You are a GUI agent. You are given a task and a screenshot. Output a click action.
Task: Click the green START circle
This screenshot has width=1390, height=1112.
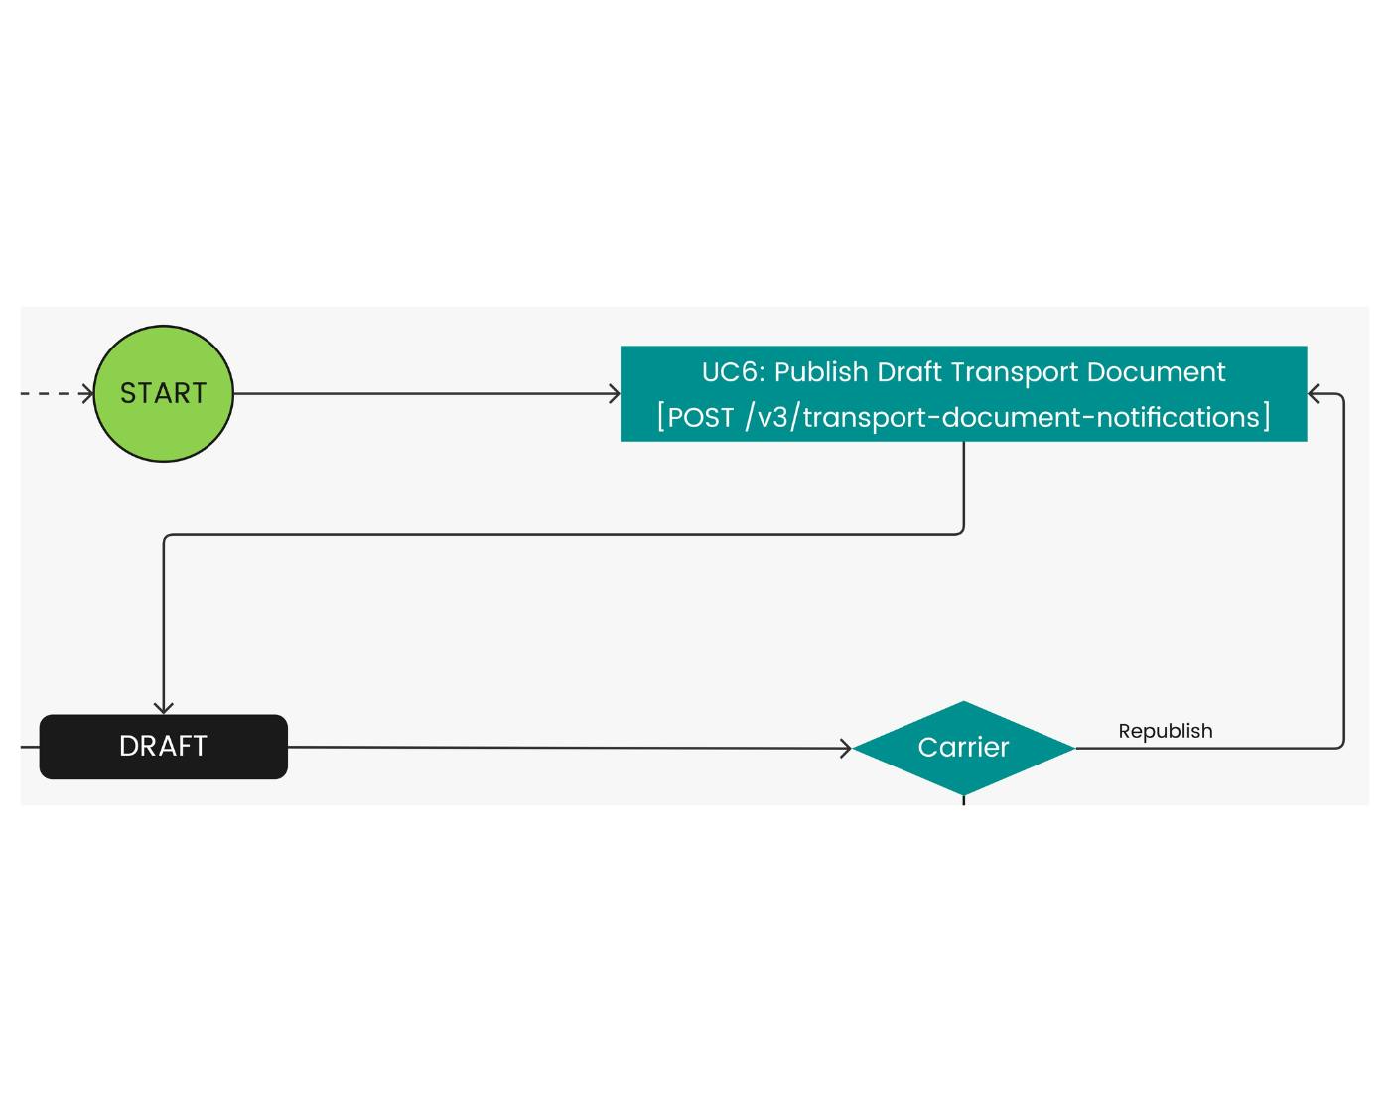pos(163,393)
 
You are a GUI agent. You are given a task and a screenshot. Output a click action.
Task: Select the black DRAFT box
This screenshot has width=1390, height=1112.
pos(163,747)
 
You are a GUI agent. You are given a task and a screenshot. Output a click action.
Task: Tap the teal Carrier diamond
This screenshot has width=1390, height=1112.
pos(963,748)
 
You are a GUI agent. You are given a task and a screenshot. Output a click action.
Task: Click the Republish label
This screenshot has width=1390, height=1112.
pos(1166,731)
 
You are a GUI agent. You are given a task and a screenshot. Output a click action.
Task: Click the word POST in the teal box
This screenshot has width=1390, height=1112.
pos(701,417)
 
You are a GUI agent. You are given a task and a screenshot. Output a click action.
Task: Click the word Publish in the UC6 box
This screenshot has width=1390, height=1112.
pos(819,372)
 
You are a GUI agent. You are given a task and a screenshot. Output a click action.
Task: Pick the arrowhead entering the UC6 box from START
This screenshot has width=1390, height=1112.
pos(615,394)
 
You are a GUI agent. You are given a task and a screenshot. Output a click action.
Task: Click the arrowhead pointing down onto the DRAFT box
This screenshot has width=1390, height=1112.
pos(164,708)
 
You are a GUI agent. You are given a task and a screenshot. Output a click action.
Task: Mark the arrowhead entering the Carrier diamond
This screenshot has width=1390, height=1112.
pos(846,748)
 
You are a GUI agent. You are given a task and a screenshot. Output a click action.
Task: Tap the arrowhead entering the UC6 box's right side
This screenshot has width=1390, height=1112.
pos(1315,394)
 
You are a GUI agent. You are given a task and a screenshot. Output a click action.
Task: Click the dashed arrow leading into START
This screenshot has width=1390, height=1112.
pos(56,394)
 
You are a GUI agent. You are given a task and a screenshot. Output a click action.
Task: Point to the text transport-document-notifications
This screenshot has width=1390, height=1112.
pos(1033,417)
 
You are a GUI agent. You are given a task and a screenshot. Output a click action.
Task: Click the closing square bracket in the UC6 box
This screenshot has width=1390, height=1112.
pos(1267,417)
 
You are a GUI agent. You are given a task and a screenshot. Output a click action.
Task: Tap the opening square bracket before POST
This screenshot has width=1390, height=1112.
pos(661,417)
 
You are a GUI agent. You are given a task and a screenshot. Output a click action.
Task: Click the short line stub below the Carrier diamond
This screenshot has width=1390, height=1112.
pos(964,799)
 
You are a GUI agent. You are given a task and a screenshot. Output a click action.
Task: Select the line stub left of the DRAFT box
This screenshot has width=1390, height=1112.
pos(30,747)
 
